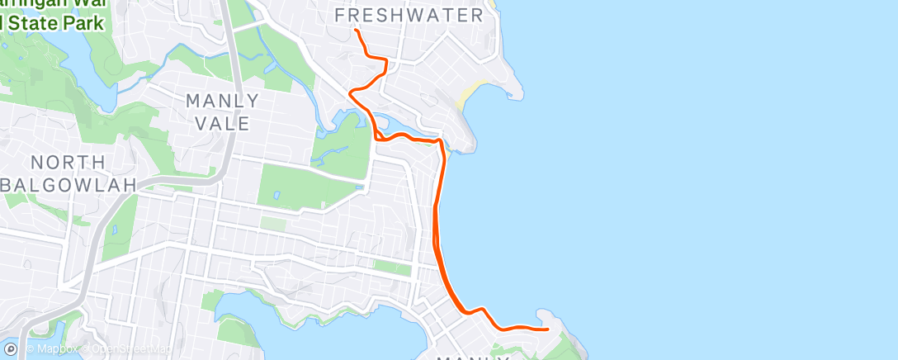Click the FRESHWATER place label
[x=409, y=16]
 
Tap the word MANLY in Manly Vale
[x=223, y=102]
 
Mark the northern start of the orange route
[x=356, y=31]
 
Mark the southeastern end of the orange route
[x=548, y=329]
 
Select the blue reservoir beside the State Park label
[x=83, y=66]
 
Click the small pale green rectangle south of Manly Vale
[x=273, y=224]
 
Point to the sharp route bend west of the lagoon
[x=352, y=92]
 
